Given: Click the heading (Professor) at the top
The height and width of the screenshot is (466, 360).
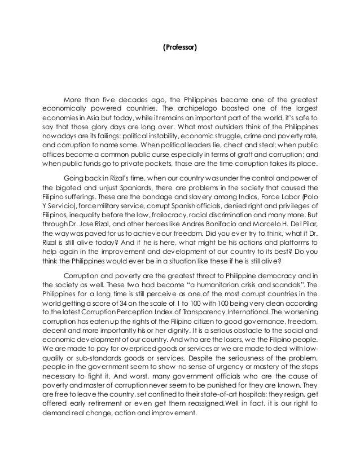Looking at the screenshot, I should pyautogui.click(x=180, y=49).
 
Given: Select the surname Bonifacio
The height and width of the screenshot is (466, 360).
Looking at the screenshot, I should pyautogui.click(x=200, y=228).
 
